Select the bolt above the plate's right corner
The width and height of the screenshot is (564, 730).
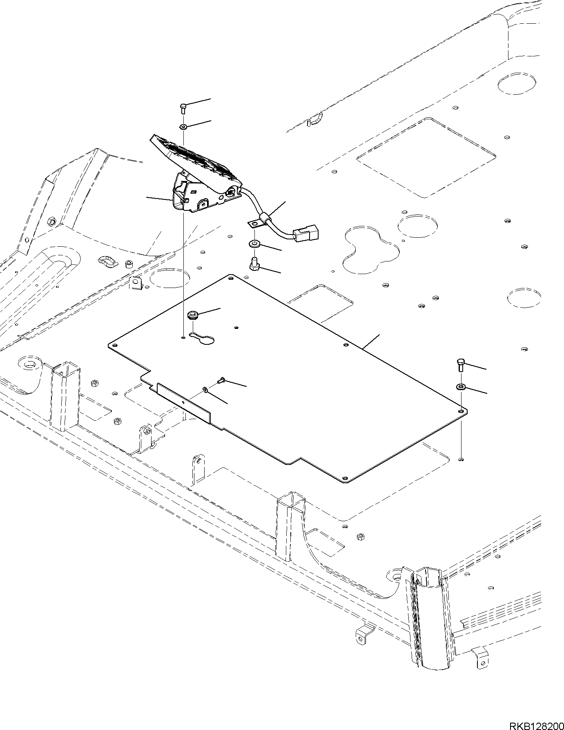pyautogui.click(x=460, y=364)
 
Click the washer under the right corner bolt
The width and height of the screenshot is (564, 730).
pyautogui.click(x=461, y=386)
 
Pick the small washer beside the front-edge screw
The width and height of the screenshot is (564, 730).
pyautogui.click(x=205, y=390)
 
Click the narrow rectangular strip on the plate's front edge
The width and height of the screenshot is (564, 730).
pyautogui.click(x=184, y=402)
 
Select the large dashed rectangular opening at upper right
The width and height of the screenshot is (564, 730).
pyautogui.click(x=426, y=157)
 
